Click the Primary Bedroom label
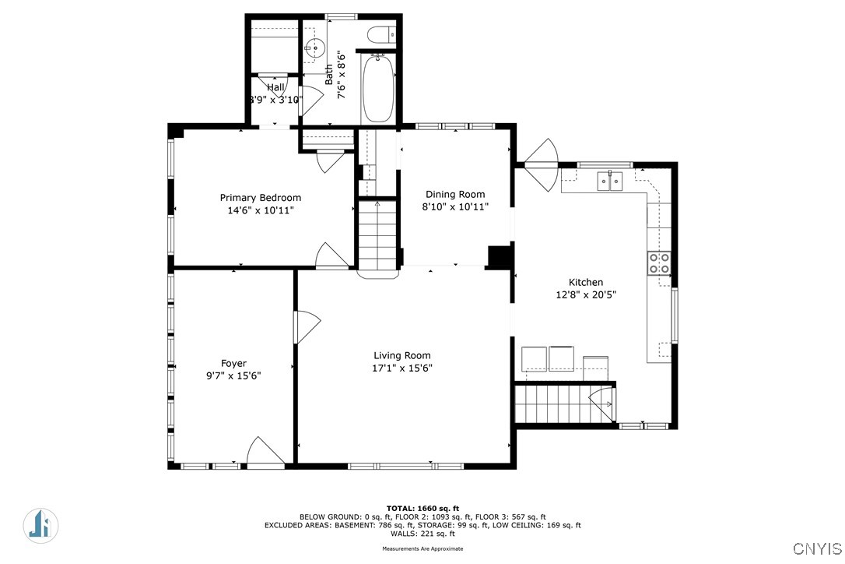click(x=260, y=198)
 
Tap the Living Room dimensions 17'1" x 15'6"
click(x=401, y=368)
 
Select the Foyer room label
click(x=233, y=363)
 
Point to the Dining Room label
click(x=454, y=195)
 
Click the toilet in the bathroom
click(x=382, y=33)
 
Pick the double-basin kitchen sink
click(x=609, y=182)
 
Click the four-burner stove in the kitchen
click(x=660, y=263)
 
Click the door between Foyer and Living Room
click(x=305, y=327)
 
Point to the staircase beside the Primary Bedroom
click(x=377, y=235)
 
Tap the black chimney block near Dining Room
click(x=497, y=256)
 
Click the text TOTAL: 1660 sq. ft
click(x=423, y=509)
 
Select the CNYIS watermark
click(x=817, y=548)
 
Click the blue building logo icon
click(x=40, y=524)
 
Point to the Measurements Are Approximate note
click(x=422, y=548)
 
